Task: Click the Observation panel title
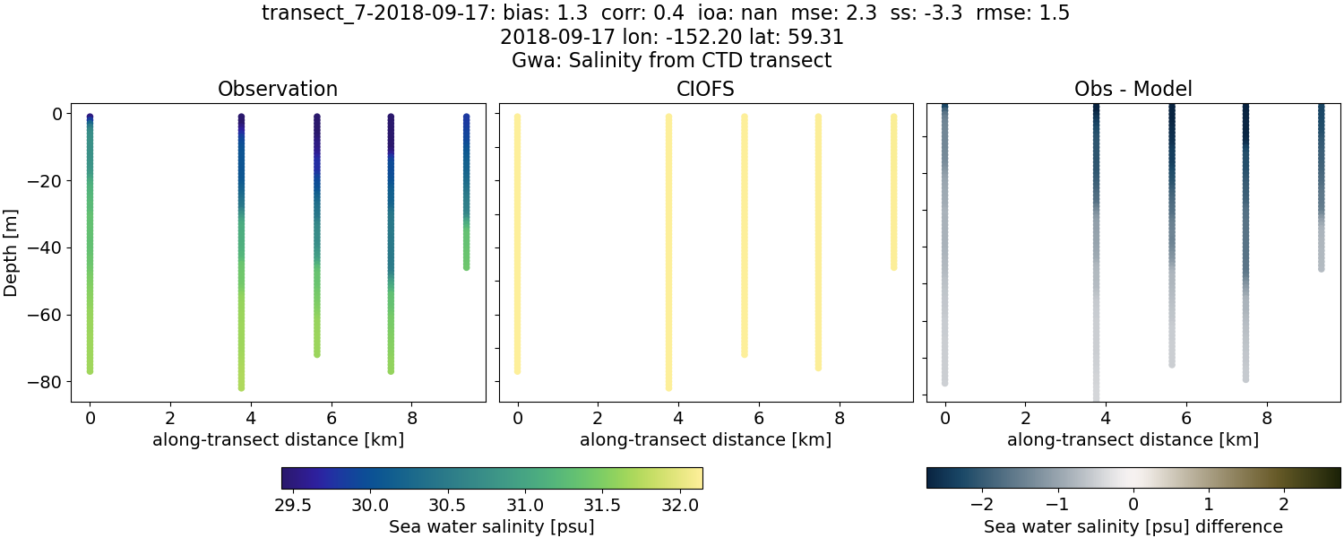[278, 90]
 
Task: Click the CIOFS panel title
[705, 90]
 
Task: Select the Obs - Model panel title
[1133, 90]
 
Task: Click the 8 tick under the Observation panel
[412, 417]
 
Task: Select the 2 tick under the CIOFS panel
[598, 417]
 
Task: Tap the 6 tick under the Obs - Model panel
[1186, 417]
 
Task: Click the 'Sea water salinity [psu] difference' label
[1133, 526]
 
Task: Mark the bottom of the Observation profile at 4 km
[241, 386]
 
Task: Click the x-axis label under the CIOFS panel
[705, 440]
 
